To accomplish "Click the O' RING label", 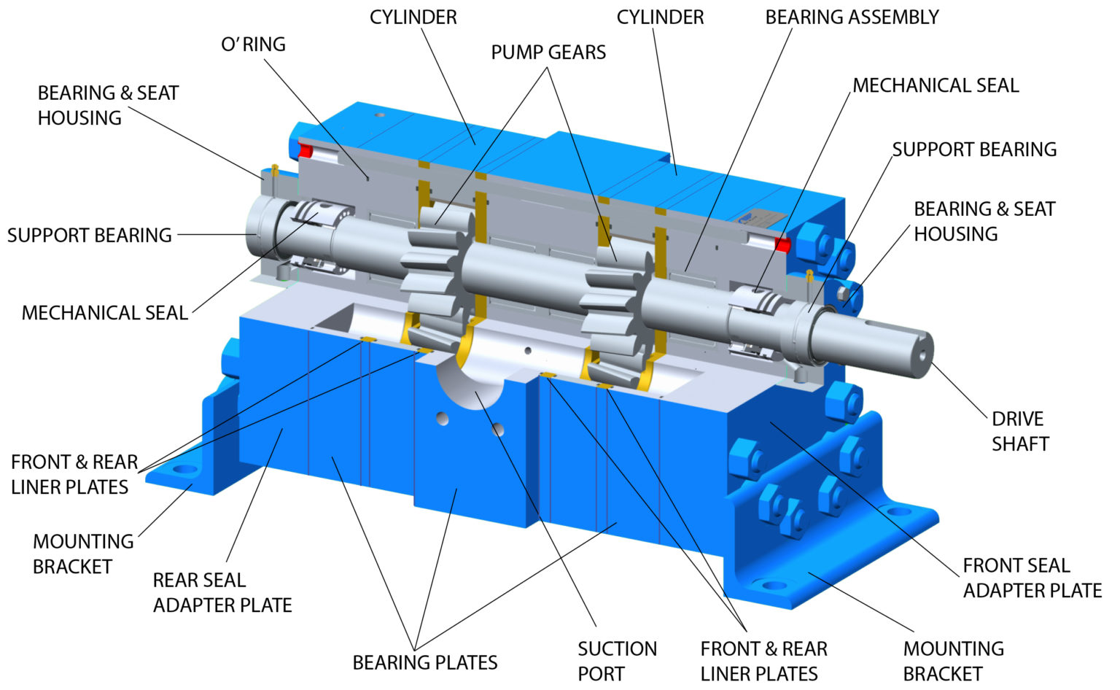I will [253, 44].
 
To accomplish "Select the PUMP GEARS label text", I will [548, 53].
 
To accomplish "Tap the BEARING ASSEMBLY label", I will [852, 18].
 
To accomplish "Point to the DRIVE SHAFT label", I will [1019, 431].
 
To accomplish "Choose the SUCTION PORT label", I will [617, 661].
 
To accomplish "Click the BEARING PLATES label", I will [424, 662].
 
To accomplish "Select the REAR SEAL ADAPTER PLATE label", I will [222, 592].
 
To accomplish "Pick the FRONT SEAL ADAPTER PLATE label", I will [1032, 578].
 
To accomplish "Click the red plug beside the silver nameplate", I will [782, 244].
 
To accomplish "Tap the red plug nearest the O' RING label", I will [305, 151].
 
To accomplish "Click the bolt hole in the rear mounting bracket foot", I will [184, 469].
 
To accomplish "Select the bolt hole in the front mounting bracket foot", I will [769, 584].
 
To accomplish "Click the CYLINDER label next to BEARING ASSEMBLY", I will [660, 18].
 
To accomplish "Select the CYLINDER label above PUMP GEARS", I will [413, 18].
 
